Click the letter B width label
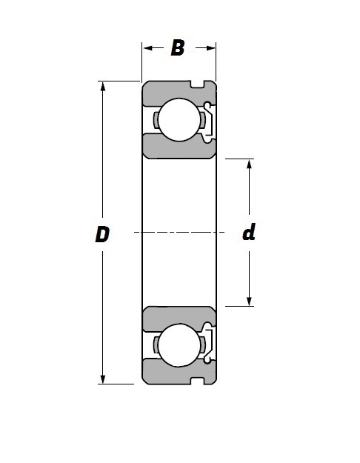(x=178, y=48)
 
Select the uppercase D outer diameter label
(x=102, y=234)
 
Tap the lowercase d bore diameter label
(x=249, y=233)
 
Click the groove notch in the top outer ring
(x=198, y=84)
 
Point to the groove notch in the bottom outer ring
(x=198, y=381)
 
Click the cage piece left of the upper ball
(x=155, y=120)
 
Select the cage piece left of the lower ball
(x=155, y=345)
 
